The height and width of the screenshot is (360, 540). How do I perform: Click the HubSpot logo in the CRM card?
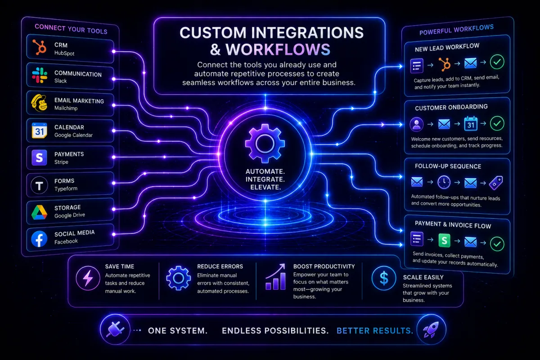pyautogui.click(x=40, y=47)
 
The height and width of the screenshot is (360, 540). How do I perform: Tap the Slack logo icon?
pyautogui.click(x=40, y=75)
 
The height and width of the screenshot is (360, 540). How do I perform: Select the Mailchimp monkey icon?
pyautogui.click(x=39, y=103)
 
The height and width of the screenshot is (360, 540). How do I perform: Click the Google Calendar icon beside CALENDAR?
pyautogui.click(x=39, y=130)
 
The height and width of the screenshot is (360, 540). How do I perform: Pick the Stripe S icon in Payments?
pyautogui.click(x=39, y=157)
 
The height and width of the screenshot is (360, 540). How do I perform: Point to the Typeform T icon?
pyautogui.click(x=39, y=185)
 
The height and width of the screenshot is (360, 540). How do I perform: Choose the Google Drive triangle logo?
pyautogui.click(x=39, y=212)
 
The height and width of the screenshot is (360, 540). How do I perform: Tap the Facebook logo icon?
pyautogui.click(x=39, y=239)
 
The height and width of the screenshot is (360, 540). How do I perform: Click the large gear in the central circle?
pyautogui.click(x=265, y=144)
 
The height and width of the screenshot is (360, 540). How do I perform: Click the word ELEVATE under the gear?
pyautogui.click(x=265, y=187)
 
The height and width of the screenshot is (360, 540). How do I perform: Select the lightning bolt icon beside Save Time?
pyautogui.click(x=88, y=278)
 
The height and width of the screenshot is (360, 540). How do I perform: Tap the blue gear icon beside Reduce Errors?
pyautogui.click(x=178, y=278)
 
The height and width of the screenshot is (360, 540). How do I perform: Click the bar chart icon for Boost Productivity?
pyautogui.click(x=275, y=277)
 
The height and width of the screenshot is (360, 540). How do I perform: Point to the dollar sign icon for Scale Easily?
pyautogui.click(x=384, y=278)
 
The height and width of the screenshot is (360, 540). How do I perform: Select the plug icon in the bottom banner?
pyautogui.click(x=115, y=329)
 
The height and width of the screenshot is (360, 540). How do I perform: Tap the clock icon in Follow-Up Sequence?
pyautogui.click(x=444, y=182)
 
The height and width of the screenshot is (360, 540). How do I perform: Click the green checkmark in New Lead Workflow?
pyautogui.click(x=497, y=62)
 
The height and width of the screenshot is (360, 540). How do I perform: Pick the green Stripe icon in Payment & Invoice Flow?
pyautogui.click(x=444, y=240)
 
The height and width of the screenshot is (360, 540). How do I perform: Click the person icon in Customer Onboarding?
pyautogui.click(x=416, y=124)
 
